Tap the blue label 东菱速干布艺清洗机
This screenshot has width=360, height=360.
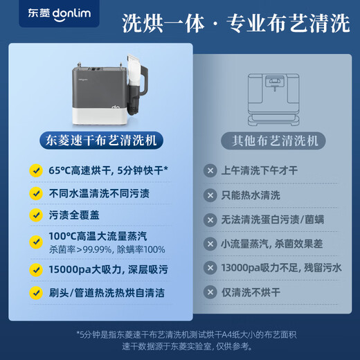coord(101,141)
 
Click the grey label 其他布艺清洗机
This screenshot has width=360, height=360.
coord(270,141)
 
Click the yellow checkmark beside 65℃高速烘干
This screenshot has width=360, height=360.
coord(34,170)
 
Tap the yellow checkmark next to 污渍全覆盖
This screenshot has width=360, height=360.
coord(34,216)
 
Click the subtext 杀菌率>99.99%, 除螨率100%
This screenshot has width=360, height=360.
coord(107,249)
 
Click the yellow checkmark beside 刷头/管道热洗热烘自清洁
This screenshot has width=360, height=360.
coord(34,293)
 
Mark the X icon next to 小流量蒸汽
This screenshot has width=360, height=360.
coord(210,244)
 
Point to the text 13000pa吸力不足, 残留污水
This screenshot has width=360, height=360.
coord(281,268)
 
